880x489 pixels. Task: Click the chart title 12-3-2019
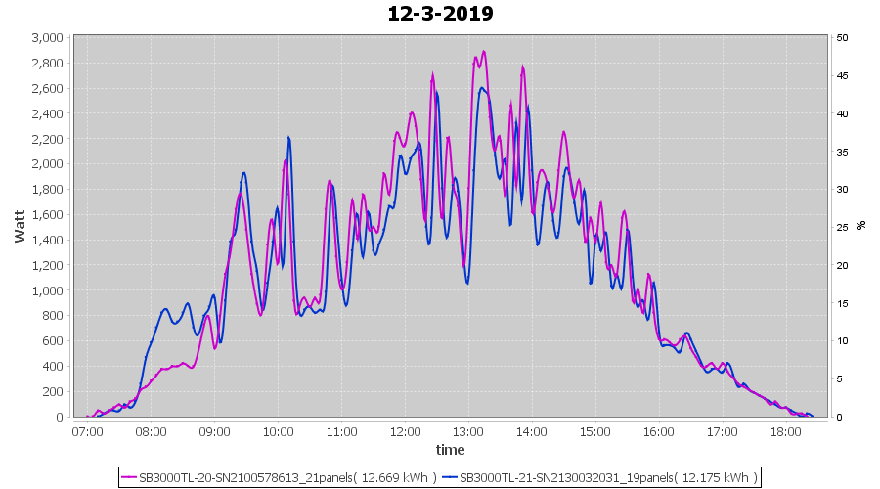[440, 14]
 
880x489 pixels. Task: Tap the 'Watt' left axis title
[20, 226]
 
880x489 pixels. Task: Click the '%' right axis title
[860, 226]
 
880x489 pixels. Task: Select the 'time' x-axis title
[450, 450]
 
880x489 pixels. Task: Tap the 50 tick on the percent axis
[842, 38]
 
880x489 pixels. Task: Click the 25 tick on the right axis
[842, 228]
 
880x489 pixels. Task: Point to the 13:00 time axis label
[468, 430]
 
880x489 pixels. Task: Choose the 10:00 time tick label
[278, 430]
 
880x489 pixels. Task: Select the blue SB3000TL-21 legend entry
[598, 477]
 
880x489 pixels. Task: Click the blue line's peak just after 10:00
[289, 137]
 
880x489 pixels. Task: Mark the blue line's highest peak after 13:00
[481, 88]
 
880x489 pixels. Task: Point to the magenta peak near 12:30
[432, 73]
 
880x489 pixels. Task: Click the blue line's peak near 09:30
[243, 173]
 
